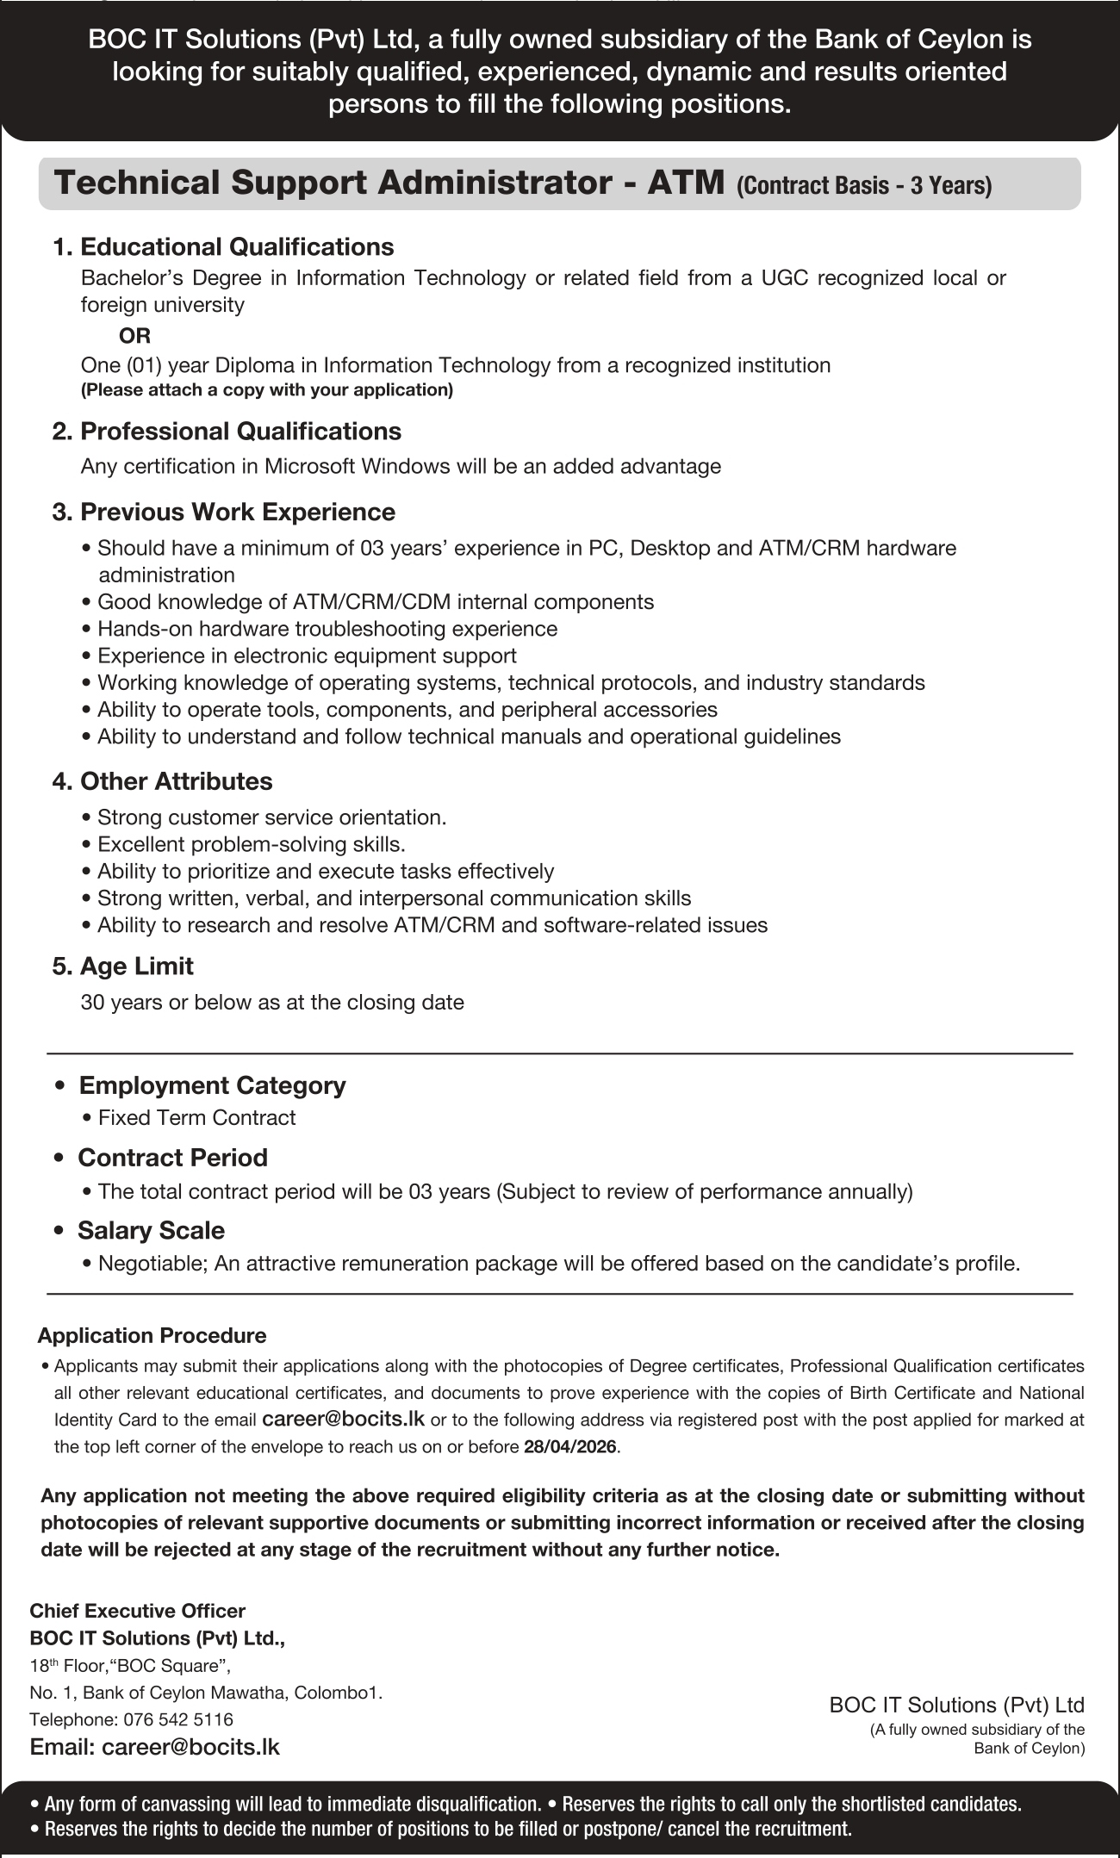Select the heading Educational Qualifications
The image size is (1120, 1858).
coord(236,247)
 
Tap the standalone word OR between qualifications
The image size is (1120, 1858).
coord(134,335)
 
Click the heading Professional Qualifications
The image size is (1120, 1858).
coord(240,431)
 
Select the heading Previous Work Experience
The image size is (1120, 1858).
coord(237,512)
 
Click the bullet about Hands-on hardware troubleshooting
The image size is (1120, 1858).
coord(327,629)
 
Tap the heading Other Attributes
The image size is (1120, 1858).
coord(176,781)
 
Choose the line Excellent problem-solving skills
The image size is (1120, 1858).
coord(251,844)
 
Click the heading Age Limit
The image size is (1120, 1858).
coord(136,966)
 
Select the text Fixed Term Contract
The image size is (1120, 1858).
coord(196,1118)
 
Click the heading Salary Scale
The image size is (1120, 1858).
coord(151,1230)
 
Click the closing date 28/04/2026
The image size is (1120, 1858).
coord(569,1447)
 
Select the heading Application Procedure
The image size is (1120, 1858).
coord(152,1336)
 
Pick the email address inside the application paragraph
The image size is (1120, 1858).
coord(342,1419)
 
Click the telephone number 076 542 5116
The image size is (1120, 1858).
coord(177,1719)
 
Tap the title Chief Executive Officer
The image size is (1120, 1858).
coord(137,1611)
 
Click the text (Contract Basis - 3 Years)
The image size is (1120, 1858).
coord(863,185)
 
